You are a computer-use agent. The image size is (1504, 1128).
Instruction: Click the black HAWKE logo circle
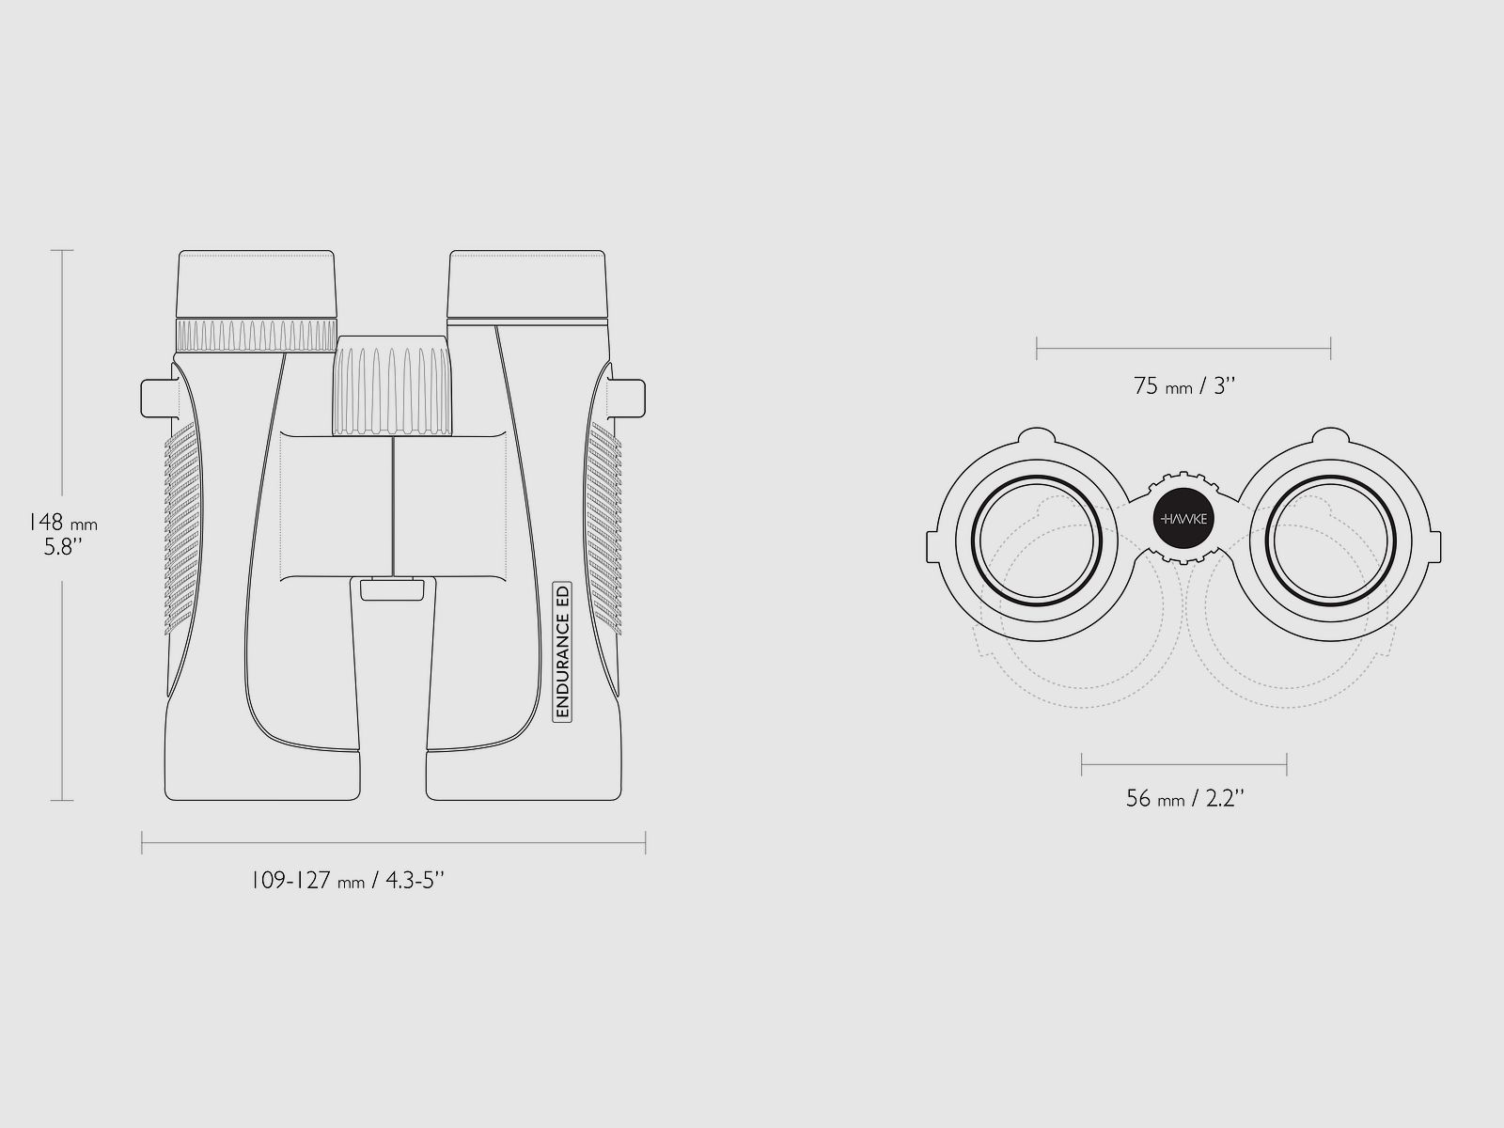(1183, 519)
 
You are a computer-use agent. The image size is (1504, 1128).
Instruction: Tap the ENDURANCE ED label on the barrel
(562, 651)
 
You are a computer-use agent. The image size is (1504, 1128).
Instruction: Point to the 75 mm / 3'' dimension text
(1184, 386)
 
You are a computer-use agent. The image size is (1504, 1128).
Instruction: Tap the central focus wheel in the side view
(393, 385)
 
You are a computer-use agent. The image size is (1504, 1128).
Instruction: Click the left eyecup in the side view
(257, 284)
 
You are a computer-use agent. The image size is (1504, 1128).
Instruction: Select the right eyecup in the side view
(527, 284)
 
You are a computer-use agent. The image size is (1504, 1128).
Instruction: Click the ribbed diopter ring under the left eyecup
(257, 336)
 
